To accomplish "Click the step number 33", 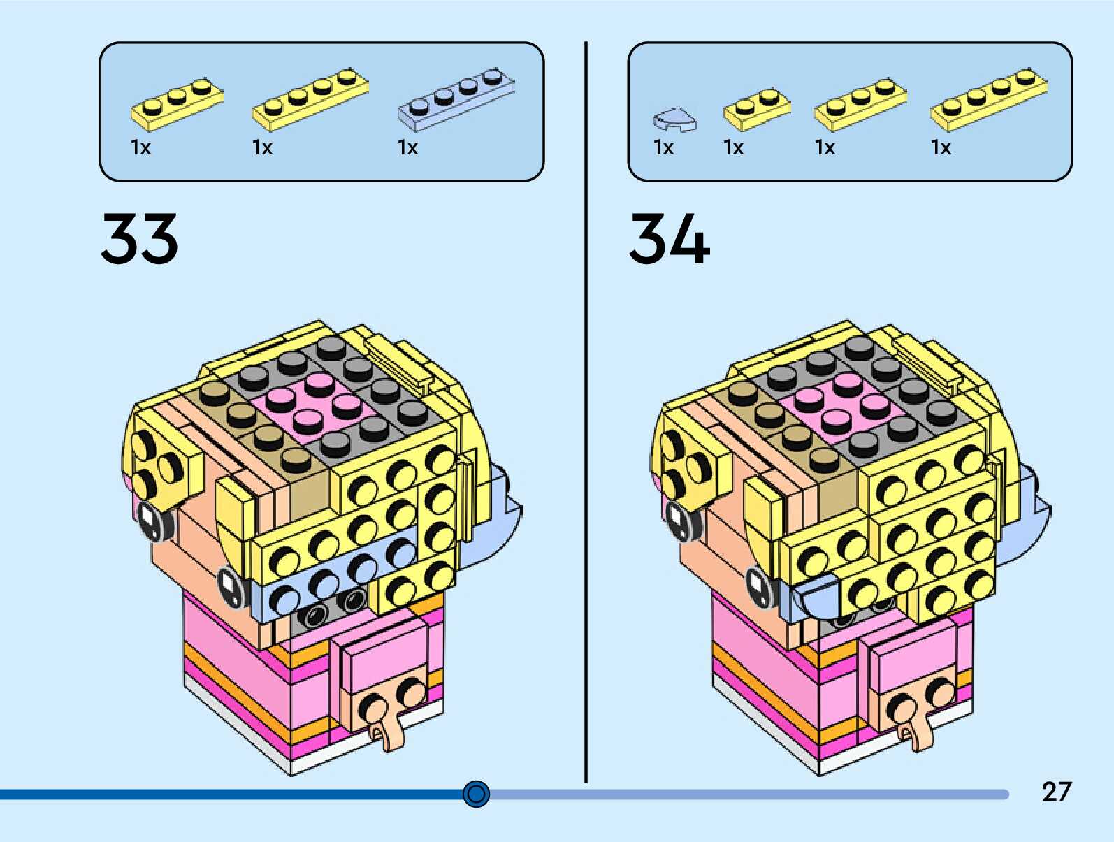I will (x=140, y=239).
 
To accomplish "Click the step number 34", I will (x=669, y=239).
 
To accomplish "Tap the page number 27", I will (x=1056, y=792).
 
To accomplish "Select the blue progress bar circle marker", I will (x=477, y=794).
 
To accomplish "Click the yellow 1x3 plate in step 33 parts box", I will (x=177, y=105).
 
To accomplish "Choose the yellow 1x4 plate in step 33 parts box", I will (x=310, y=99).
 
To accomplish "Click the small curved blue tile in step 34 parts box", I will (x=674, y=119).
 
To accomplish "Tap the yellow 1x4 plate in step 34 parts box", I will (x=989, y=99).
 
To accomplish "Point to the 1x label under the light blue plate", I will (x=407, y=147).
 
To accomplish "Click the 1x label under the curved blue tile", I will (x=663, y=147).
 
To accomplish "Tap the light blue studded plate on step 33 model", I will (x=328, y=580).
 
